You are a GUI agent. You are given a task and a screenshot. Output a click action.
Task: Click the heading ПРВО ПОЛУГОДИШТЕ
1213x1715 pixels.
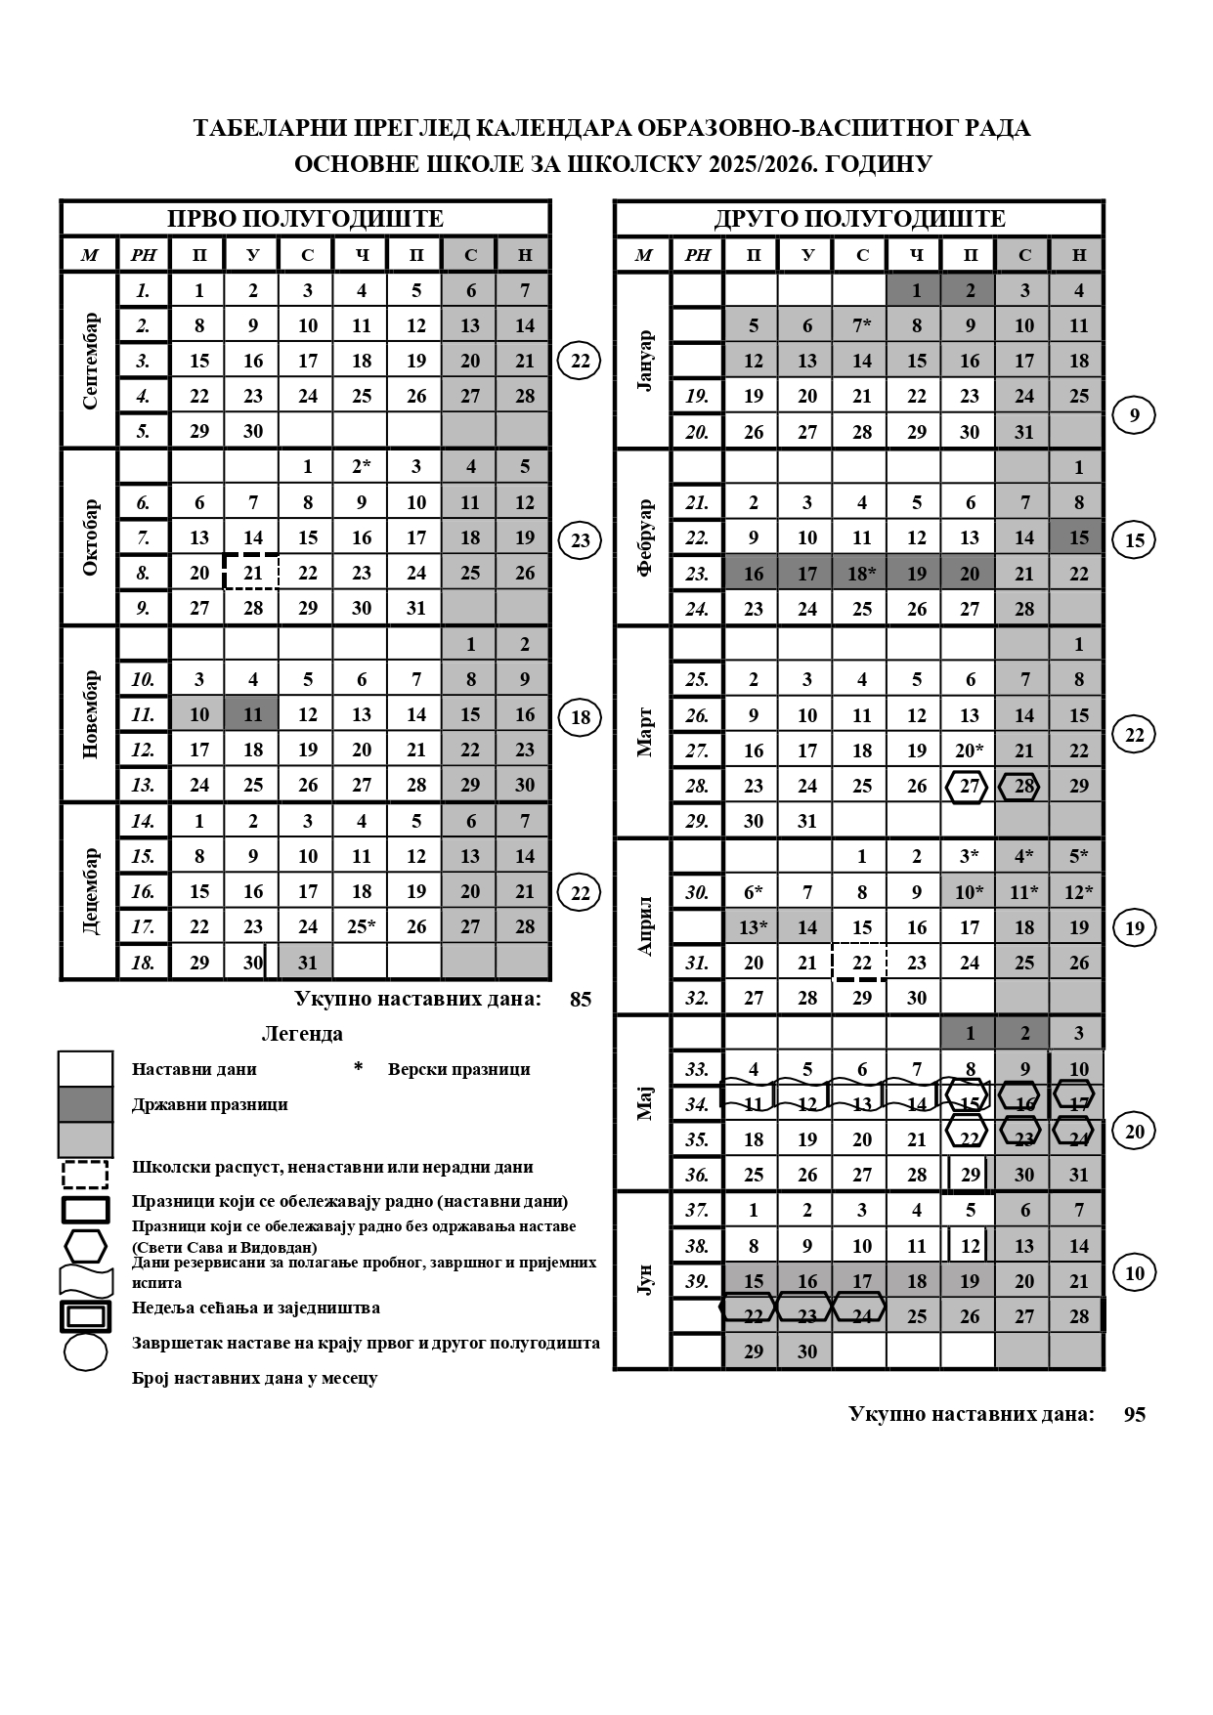pyautogui.click(x=305, y=218)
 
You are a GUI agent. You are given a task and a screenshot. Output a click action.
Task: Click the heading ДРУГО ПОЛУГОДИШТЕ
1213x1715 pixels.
pyautogui.click(x=859, y=218)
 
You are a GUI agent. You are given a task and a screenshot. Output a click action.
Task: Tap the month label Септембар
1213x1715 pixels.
pyautogui.click(x=90, y=360)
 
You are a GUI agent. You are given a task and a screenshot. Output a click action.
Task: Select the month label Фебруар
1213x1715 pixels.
pyautogui.click(x=643, y=536)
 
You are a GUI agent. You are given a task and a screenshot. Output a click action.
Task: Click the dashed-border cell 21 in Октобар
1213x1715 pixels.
pyautogui.click(x=252, y=573)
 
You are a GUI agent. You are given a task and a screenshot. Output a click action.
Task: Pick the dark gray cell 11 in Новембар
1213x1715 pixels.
pyautogui.click(x=252, y=714)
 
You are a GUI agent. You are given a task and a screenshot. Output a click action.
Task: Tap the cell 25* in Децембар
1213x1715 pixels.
pyautogui.click(x=362, y=926)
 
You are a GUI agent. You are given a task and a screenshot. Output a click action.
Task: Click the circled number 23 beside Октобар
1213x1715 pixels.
pyautogui.click(x=580, y=539)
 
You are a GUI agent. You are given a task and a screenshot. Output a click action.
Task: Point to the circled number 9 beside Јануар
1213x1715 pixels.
pyautogui.click(x=1134, y=415)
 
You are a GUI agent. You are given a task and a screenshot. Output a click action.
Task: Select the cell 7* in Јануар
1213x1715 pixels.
pyautogui.click(x=861, y=325)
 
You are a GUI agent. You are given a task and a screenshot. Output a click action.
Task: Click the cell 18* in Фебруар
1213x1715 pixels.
pyautogui.click(x=861, y=573)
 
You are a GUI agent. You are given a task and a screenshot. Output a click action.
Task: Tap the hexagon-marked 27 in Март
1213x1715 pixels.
pyautogui.click(x=969, y=786)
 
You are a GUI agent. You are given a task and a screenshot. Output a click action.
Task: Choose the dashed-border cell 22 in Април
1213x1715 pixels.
pyautogui.click(x=861, y=962)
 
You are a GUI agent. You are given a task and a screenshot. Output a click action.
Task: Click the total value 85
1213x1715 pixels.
pyautogui.click(x=580, y=999)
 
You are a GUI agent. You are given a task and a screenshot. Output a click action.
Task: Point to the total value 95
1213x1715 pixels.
pyautogui.click(x=1134, y=1414)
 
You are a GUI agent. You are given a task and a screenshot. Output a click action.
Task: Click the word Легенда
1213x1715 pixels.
pyautogui.click(x=302, y=1034)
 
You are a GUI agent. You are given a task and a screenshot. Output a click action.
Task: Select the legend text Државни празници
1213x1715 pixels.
pyautogui.click(x=209, y=1104)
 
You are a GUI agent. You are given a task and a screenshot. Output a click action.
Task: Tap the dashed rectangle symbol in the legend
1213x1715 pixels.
pyautogui.click(x=85, y=1174)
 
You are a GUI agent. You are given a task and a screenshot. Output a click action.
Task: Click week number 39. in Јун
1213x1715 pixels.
pyautogui.click(x=697, y=1281)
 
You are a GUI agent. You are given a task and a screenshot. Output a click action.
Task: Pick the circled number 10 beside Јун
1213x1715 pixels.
pyautogui.click(x=1134, y=1273)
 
